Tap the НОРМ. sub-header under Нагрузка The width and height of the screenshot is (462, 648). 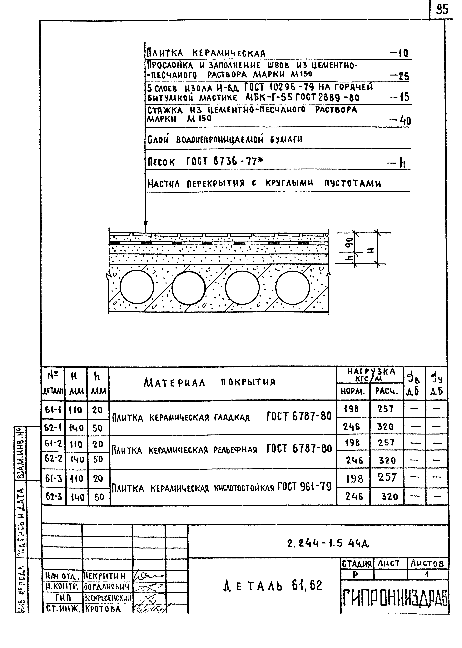[353, 392]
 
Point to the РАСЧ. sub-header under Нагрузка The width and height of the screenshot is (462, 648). [386, 392]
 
